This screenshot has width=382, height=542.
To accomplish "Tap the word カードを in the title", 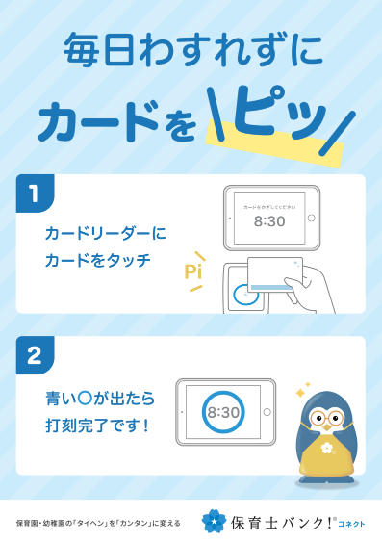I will tap(115, 123).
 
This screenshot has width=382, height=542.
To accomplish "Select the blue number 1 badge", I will tap(35, 194).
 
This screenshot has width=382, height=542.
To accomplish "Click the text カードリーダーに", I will tap(106, 233).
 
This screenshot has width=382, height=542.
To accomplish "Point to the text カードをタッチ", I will tap(98, 260).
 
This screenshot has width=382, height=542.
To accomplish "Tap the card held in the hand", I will tap(275, 272).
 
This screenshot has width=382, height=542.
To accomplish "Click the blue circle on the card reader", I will tap(246, 296).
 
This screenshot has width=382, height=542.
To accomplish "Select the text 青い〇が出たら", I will tap(100, 397).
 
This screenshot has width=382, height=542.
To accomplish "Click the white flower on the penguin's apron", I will tap(328, 448).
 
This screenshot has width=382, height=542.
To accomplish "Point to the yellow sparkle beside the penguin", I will tap(300, 393).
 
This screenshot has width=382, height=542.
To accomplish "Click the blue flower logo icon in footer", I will tap(214, 521).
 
